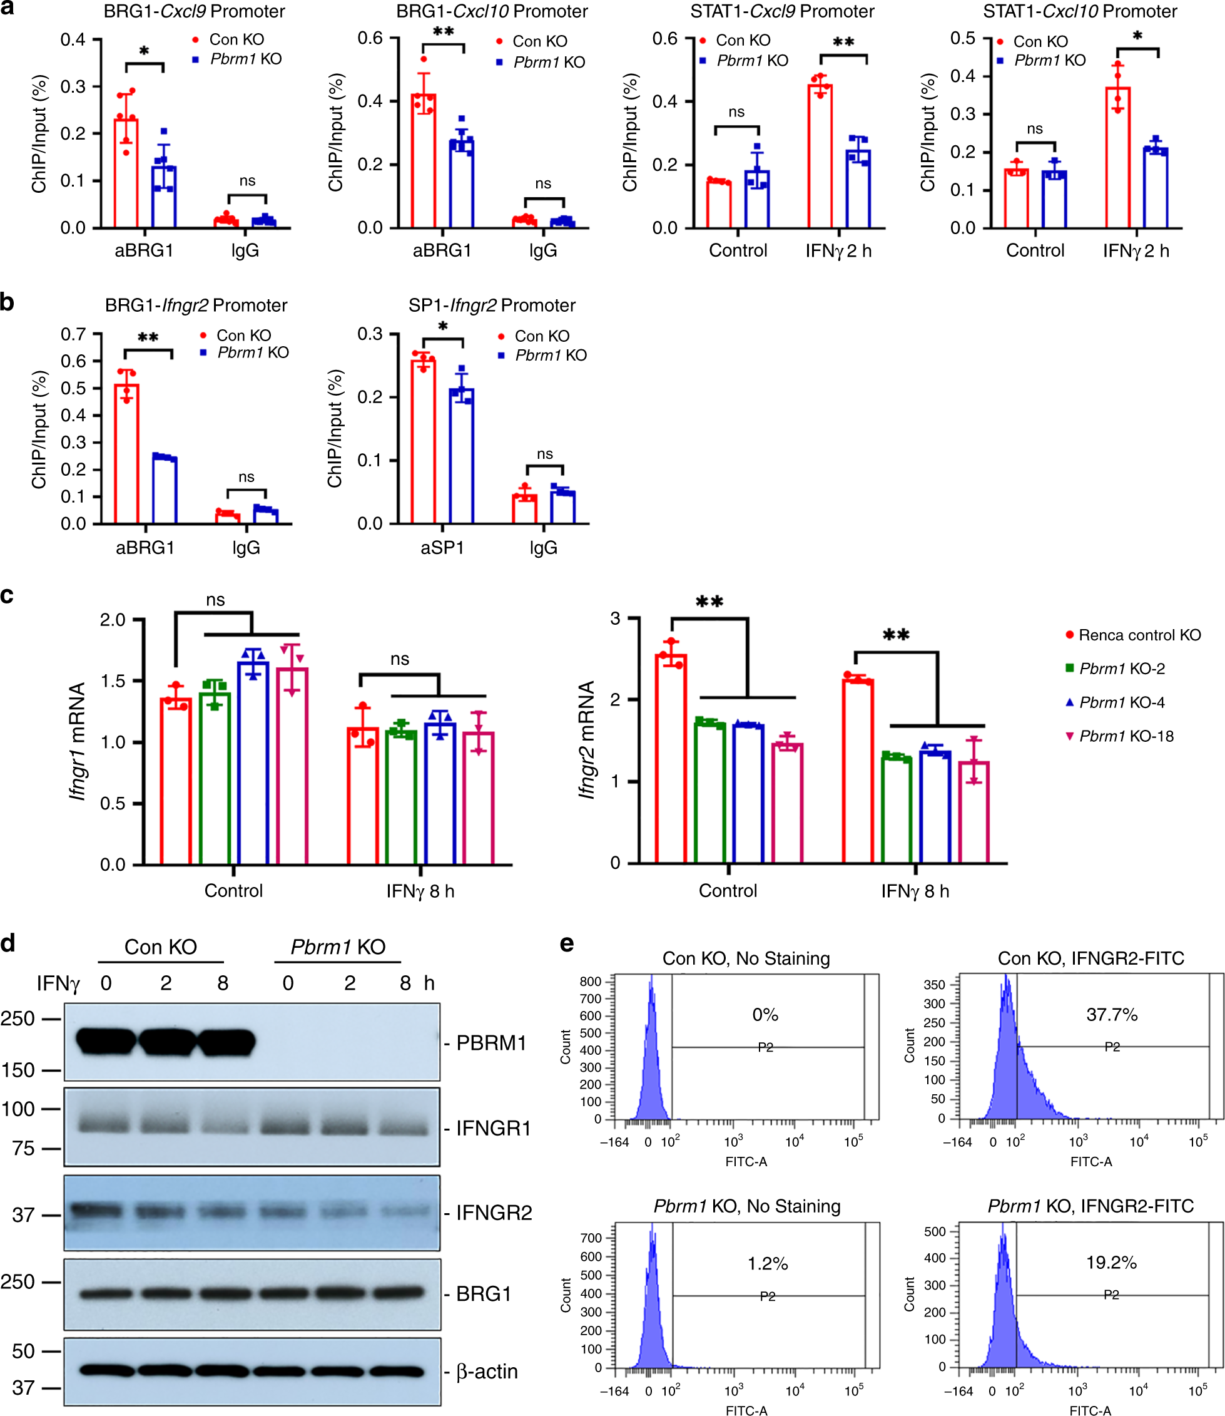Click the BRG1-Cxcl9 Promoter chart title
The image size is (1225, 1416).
tap(194, 12)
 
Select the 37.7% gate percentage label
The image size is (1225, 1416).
tap(1112, 1015)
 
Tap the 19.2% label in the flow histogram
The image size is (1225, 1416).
tap(1111, 1262)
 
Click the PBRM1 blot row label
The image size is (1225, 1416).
tap(491, 1042)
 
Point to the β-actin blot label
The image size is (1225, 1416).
tap(487, 1372)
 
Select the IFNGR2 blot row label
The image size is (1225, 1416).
tap(494, 1213)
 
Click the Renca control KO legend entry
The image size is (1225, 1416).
tap(1139, 635)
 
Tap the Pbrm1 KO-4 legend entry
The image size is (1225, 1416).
tap(1122, 702)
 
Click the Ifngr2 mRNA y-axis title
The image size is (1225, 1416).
tap(586, 740)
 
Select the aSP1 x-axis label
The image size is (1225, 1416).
tap(442, 548)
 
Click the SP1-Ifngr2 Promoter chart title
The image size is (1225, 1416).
tap(492, 305)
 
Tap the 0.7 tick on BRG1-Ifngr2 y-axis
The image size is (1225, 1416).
tap(73, 334)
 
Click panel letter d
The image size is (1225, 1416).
tap(8, 944)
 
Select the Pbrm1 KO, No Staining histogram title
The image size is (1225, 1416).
tap(746, 1206)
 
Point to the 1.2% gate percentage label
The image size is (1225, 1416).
tap(767, 1263)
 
